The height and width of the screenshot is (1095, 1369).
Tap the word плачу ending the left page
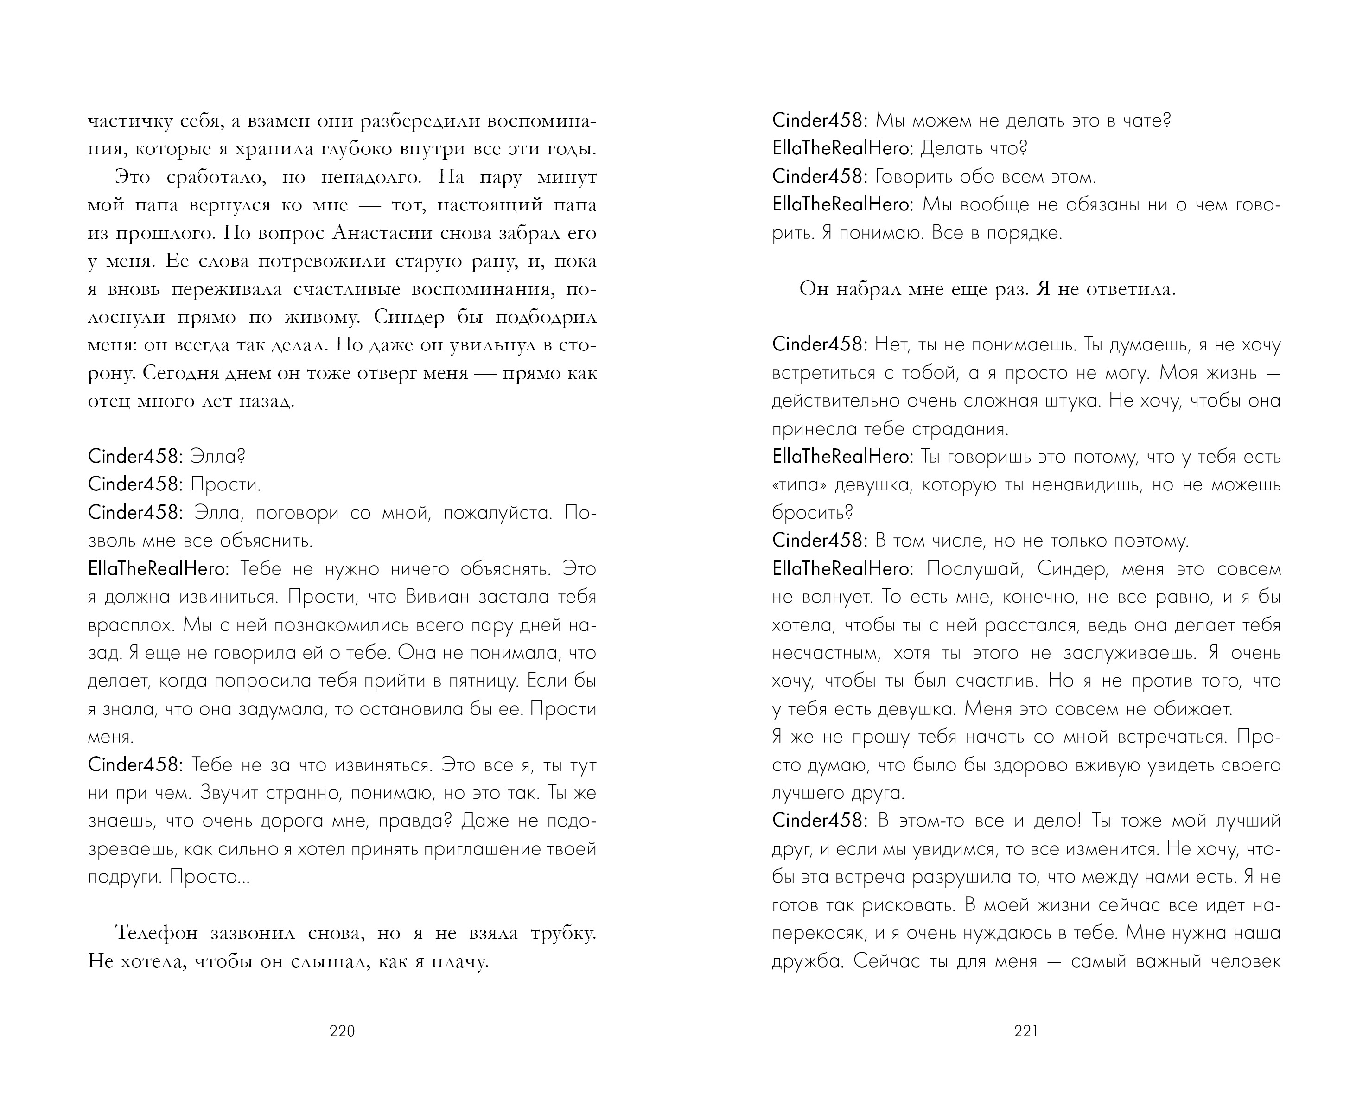tap(459, 961)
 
